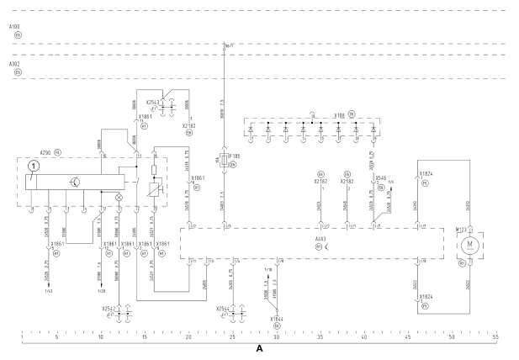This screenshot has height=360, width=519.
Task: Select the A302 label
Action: point(13,63)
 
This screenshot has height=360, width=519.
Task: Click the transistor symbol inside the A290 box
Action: point(75,181)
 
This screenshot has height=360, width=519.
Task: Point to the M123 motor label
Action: point(460,229)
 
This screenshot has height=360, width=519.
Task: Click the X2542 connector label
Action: point(109,308)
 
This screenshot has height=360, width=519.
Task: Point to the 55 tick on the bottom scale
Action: point(495,337)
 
